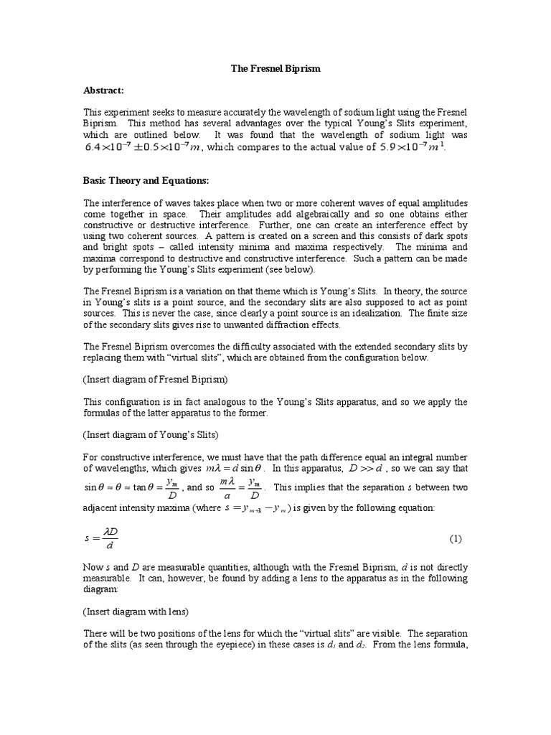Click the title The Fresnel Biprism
[275, 68]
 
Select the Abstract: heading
[104, 90]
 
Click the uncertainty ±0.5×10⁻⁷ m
[171, 148]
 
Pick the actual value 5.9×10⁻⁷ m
[412, 148]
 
